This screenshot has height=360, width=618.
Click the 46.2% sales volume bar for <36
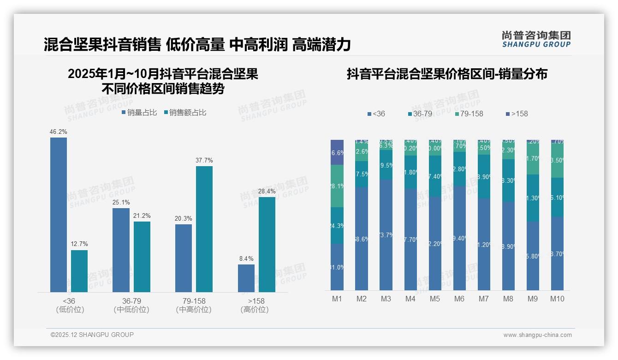click(59, 215)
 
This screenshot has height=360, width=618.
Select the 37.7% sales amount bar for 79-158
click(204, 229)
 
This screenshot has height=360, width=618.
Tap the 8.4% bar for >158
click(246, 278)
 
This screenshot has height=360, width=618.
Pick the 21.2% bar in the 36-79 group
click(142, 257)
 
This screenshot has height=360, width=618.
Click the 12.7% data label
click(79, 244)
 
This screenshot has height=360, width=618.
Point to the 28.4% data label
click(267, 191)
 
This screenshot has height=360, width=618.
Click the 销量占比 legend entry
click(140, 113)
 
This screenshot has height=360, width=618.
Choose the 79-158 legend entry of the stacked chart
click(469, 114)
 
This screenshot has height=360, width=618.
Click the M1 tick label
click(337, 299)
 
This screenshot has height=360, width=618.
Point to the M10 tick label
click(557, 299)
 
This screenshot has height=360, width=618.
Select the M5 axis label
click(435, 299)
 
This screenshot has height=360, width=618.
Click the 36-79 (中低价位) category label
click(131, 305)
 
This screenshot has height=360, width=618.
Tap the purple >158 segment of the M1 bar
click(337, 152)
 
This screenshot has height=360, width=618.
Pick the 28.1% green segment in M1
click(337, 186)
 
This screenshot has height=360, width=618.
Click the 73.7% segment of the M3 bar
click(386, 234)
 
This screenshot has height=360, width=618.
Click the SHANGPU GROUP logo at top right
click(536, 39)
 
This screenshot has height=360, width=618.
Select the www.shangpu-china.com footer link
click(537, 335)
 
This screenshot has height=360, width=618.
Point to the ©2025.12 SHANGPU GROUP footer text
click(92, 335)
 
